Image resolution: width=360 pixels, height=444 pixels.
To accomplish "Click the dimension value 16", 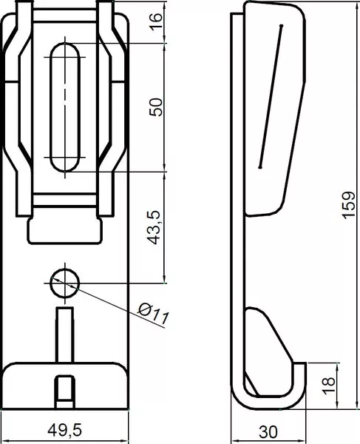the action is (156, 21).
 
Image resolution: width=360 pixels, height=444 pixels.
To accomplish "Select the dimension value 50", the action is (156, 107).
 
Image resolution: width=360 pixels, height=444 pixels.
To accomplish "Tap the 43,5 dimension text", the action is (154, 228).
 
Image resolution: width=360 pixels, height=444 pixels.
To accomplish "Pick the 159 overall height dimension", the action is (348, 205).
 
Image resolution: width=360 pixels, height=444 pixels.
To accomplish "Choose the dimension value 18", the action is (329, 386).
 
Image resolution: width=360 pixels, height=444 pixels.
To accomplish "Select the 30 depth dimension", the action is (268, 432).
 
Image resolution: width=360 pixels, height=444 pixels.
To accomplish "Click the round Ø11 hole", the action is (65, 283).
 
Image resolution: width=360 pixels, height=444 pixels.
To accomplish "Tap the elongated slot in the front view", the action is (65, 107).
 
